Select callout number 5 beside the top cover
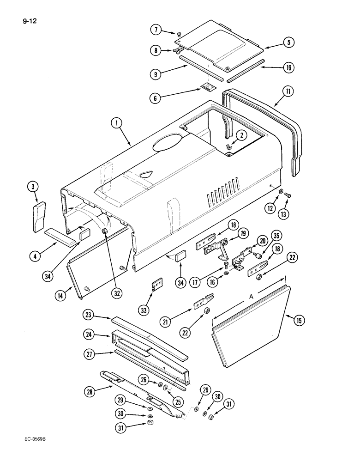tap(289, 43)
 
